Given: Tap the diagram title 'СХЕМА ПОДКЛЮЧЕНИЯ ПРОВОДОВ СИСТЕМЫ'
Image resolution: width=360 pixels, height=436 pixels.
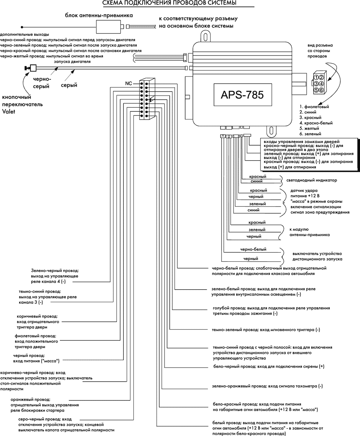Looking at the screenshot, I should [169, 4].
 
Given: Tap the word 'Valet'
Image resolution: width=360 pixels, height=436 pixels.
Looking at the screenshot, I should [9, 111].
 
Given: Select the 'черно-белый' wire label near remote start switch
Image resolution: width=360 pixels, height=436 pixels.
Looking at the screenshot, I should [253, 249].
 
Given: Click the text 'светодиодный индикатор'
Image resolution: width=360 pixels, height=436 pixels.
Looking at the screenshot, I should [314, 181].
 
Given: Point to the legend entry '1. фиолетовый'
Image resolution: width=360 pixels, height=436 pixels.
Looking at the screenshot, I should [314, 107].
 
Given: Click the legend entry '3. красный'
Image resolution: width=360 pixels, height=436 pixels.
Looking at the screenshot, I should [310, 118].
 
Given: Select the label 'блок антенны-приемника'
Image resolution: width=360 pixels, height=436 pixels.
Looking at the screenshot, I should [99, 15].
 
